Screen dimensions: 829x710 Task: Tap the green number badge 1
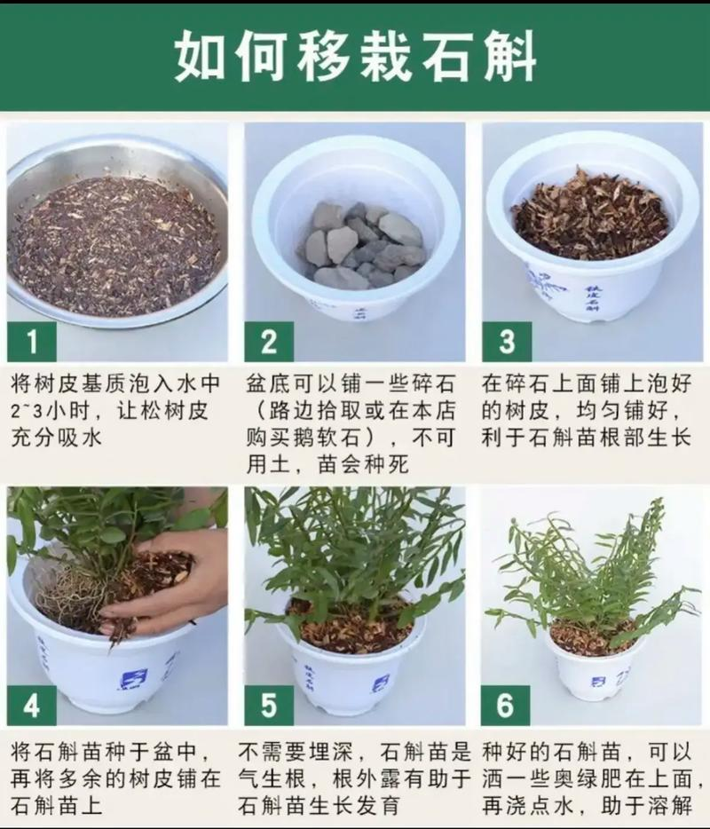[x=31, y=341]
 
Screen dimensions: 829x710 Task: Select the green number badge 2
[x=269, y=341]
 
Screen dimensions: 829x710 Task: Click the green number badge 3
[x=507, y=341]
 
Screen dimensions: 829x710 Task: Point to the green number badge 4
[x=31, y=706]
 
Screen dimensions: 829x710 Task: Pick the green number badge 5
[x=269, y=706]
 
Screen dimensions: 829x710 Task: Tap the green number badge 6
[x=507, y=706]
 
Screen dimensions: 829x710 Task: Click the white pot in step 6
[x=593, y=670]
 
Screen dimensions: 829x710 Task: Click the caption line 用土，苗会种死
[x=328, y=463]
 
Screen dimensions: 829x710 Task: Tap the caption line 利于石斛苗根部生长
[x=587, y=438]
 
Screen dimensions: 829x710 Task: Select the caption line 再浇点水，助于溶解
[x=587, y=806]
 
